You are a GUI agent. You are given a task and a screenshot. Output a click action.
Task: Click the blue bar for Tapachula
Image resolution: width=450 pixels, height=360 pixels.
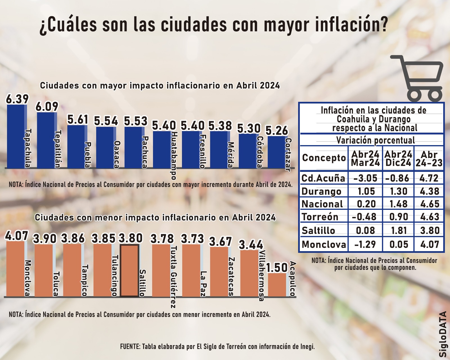(16, 136)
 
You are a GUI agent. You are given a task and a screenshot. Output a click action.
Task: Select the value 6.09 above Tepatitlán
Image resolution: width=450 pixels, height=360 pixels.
(47, 107)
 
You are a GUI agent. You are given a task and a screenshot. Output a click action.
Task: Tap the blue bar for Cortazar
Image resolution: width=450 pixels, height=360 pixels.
(276, 152)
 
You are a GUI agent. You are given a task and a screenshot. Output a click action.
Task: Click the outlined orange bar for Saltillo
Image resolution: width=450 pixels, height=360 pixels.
(129, 271)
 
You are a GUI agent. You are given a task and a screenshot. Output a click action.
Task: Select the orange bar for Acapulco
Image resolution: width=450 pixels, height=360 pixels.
(277, 285)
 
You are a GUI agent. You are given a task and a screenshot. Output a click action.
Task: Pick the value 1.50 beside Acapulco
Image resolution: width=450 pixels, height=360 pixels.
(277, 268)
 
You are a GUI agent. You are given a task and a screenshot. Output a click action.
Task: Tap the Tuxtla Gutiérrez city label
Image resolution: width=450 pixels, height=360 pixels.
(174, 277)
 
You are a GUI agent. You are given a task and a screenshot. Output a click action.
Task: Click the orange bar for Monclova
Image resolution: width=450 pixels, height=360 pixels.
(15, 269)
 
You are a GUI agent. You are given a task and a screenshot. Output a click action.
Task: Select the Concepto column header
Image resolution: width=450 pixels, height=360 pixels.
(324, 158)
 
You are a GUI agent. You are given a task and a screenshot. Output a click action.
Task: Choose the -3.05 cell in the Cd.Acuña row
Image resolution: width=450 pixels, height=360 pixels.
(365, 178)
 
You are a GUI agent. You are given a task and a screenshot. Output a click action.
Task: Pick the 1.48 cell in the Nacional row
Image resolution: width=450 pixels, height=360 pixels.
(398, 204)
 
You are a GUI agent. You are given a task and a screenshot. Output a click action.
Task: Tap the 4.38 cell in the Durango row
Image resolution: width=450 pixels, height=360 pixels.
(429, 191)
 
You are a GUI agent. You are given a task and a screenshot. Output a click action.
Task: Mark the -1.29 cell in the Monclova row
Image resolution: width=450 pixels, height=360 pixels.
(365, 244)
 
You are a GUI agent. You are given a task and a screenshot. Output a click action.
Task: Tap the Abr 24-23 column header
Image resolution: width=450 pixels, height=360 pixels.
(429, 159)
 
